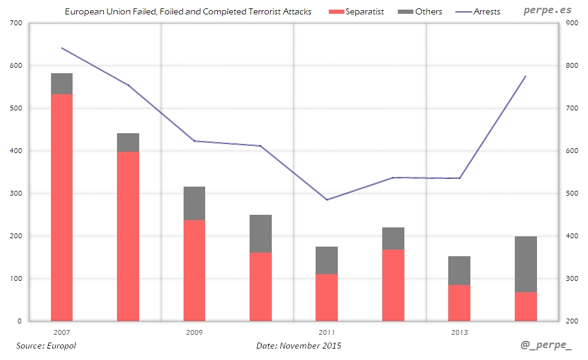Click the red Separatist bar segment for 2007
pyautogui.click(x=62, y=208)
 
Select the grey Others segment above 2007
pyautogui.click(x=62, y=84)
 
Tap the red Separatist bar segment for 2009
pyautogui.click(x=194, y=271)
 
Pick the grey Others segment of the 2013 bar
pyautogui.click(x=460, y=271)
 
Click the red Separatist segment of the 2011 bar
pyautogui.click(x=327, y=298)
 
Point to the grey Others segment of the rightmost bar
pyautogui.click(x=526, y=264)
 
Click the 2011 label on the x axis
pyautogui.click(x=327, y=332)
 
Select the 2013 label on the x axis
pyautogui.click(x=460, y=332)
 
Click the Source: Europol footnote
pyautogui.click(x=46, y=346)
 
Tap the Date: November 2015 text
pyautogui.click(x=299, y=346)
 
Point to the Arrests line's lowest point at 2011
pyautogui.click(x=327, y=199)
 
